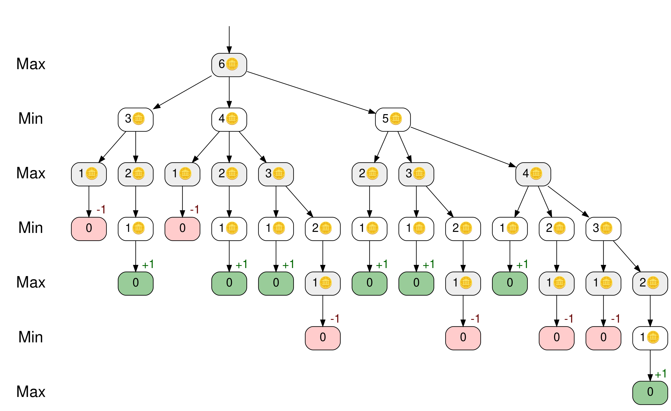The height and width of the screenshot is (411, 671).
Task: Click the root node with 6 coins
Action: [229, 65]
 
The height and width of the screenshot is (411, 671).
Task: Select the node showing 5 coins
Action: [393, 120]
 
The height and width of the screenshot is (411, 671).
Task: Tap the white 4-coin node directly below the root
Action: [229, 120]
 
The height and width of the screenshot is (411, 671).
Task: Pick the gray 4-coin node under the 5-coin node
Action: [533, 174]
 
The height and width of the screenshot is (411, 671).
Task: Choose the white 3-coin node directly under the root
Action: [136, 120]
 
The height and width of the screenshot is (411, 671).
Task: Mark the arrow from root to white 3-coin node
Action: [182, 92]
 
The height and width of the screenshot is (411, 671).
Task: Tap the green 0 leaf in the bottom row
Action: [650, 393]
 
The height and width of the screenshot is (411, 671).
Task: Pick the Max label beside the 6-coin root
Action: [31, 64]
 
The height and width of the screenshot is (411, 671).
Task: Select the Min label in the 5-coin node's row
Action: [31, 119]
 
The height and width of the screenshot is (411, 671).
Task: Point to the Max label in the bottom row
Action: [31, 392]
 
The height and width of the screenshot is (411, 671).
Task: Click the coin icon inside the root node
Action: [232, 64]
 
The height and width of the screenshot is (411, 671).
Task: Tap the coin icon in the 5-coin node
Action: [396, 119]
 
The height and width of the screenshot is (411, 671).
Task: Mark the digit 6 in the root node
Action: [221, 64]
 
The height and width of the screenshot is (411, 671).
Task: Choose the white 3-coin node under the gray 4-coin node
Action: [603, 229]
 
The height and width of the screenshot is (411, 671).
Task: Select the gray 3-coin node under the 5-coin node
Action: [416, 174]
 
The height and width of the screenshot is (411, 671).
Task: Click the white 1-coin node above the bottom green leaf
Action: [650, 338]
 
